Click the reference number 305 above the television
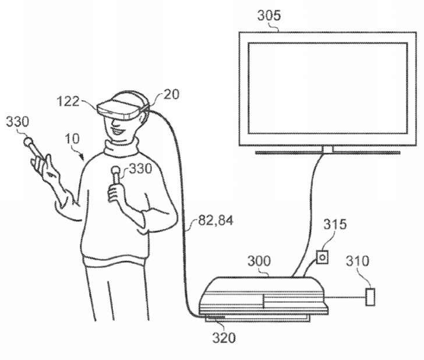pos(269,15)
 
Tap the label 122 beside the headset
pos(68,101)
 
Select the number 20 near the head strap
pos(171,94)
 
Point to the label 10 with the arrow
pos(72,139)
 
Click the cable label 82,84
pos(215,220)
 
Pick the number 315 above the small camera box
pos(335,224)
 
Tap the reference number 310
pos(358,261)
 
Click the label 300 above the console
pos(259,261)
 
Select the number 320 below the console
pos(224,338)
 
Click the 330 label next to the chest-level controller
pos(140,169)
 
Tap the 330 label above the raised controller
pos(17,121)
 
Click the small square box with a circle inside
pos(323,257)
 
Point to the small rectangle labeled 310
pos(370,297)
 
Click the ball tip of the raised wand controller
pos(28,142)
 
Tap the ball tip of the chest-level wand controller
pos(115,170)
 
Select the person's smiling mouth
pos(116,132)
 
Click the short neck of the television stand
pos(328,149)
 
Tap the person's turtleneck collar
pos(121,148)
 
